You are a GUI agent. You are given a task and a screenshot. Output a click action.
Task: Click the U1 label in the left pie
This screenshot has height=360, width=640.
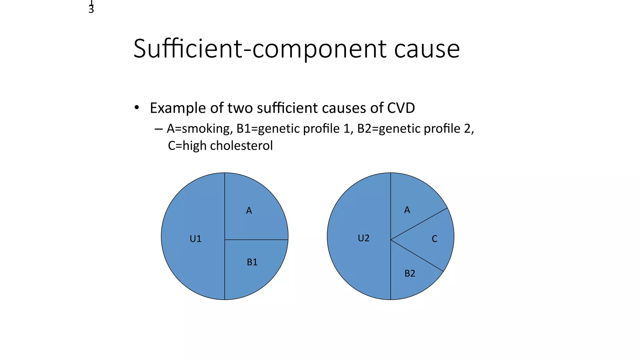[195, 239]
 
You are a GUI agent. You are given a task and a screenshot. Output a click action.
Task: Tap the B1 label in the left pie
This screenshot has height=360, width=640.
[252, 262]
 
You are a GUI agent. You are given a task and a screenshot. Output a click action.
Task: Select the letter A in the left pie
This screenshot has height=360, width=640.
[249, 211]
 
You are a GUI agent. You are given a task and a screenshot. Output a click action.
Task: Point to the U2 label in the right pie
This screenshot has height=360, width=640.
[363, 238]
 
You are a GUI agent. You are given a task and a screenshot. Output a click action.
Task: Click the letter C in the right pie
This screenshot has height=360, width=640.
[434, 239]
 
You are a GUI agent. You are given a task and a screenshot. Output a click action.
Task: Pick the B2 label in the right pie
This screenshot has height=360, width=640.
[410, 273]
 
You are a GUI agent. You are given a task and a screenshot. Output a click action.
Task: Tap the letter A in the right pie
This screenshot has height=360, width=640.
[407, 210]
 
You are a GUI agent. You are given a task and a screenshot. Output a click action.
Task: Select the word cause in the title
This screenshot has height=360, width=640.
[427, 49]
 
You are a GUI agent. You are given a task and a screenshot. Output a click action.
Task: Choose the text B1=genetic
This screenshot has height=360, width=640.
[267, 129]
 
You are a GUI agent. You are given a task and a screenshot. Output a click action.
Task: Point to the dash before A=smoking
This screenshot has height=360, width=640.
[158, 129]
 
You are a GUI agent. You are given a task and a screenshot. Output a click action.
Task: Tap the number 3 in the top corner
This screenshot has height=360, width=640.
[91, 10]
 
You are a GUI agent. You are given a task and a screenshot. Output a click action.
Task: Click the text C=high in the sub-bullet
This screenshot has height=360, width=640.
[187, 146]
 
